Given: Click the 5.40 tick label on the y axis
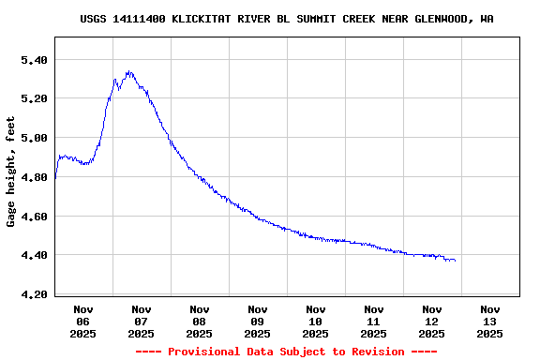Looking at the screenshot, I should coord(34,60).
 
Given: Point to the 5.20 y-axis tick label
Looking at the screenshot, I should coord(34,98).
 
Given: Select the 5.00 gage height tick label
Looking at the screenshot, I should coord(34,138).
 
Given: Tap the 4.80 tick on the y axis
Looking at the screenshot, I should coord(34,177).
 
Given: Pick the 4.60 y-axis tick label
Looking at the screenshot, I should coord(34,217).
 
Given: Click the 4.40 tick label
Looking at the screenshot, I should coord(34,255).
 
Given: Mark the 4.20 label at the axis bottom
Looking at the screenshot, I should coord(34,294).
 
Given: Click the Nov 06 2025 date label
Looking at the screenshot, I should coord(83,321).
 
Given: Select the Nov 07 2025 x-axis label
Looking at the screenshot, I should coord(142,321).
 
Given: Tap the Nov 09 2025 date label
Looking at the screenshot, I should coord(258,321).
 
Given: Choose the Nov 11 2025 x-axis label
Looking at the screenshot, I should coord(374,321).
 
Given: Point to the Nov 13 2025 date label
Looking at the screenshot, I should coord(490,321).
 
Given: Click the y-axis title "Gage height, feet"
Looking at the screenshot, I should coord(11,172).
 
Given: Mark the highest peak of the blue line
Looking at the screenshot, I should coord(128,71).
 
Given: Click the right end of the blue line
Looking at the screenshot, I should coord(456,260).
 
